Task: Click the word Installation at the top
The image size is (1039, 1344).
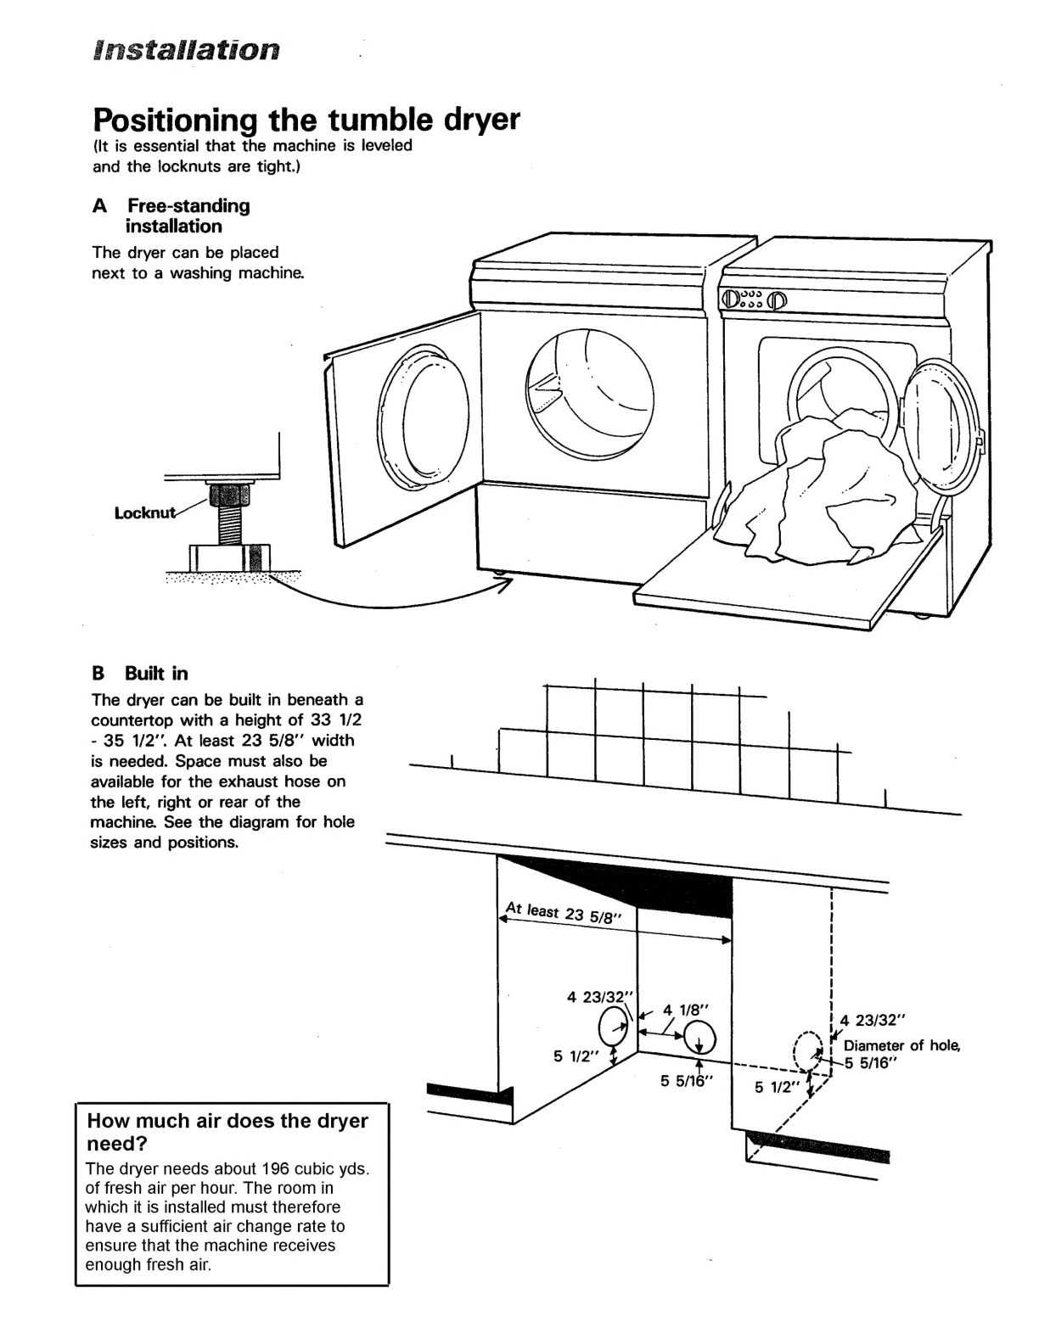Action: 186,50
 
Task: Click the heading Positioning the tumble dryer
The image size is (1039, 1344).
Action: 305,119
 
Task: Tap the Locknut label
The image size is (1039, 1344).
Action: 145,512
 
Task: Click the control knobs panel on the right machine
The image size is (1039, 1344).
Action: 755,299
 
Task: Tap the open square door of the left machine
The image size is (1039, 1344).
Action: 403,424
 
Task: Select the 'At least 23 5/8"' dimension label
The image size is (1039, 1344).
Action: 564,913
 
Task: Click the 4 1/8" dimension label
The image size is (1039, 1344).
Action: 686,1010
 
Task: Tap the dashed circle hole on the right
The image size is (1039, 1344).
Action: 806,1053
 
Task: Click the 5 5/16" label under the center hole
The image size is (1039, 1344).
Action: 686,1081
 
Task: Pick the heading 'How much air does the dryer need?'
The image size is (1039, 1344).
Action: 227,1131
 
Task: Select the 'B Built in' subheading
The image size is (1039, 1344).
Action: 139,674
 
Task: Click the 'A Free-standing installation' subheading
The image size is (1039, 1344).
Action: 173,216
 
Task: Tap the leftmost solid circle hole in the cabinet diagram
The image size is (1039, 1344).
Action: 613,1029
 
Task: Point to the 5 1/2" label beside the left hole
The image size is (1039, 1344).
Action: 576,1056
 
